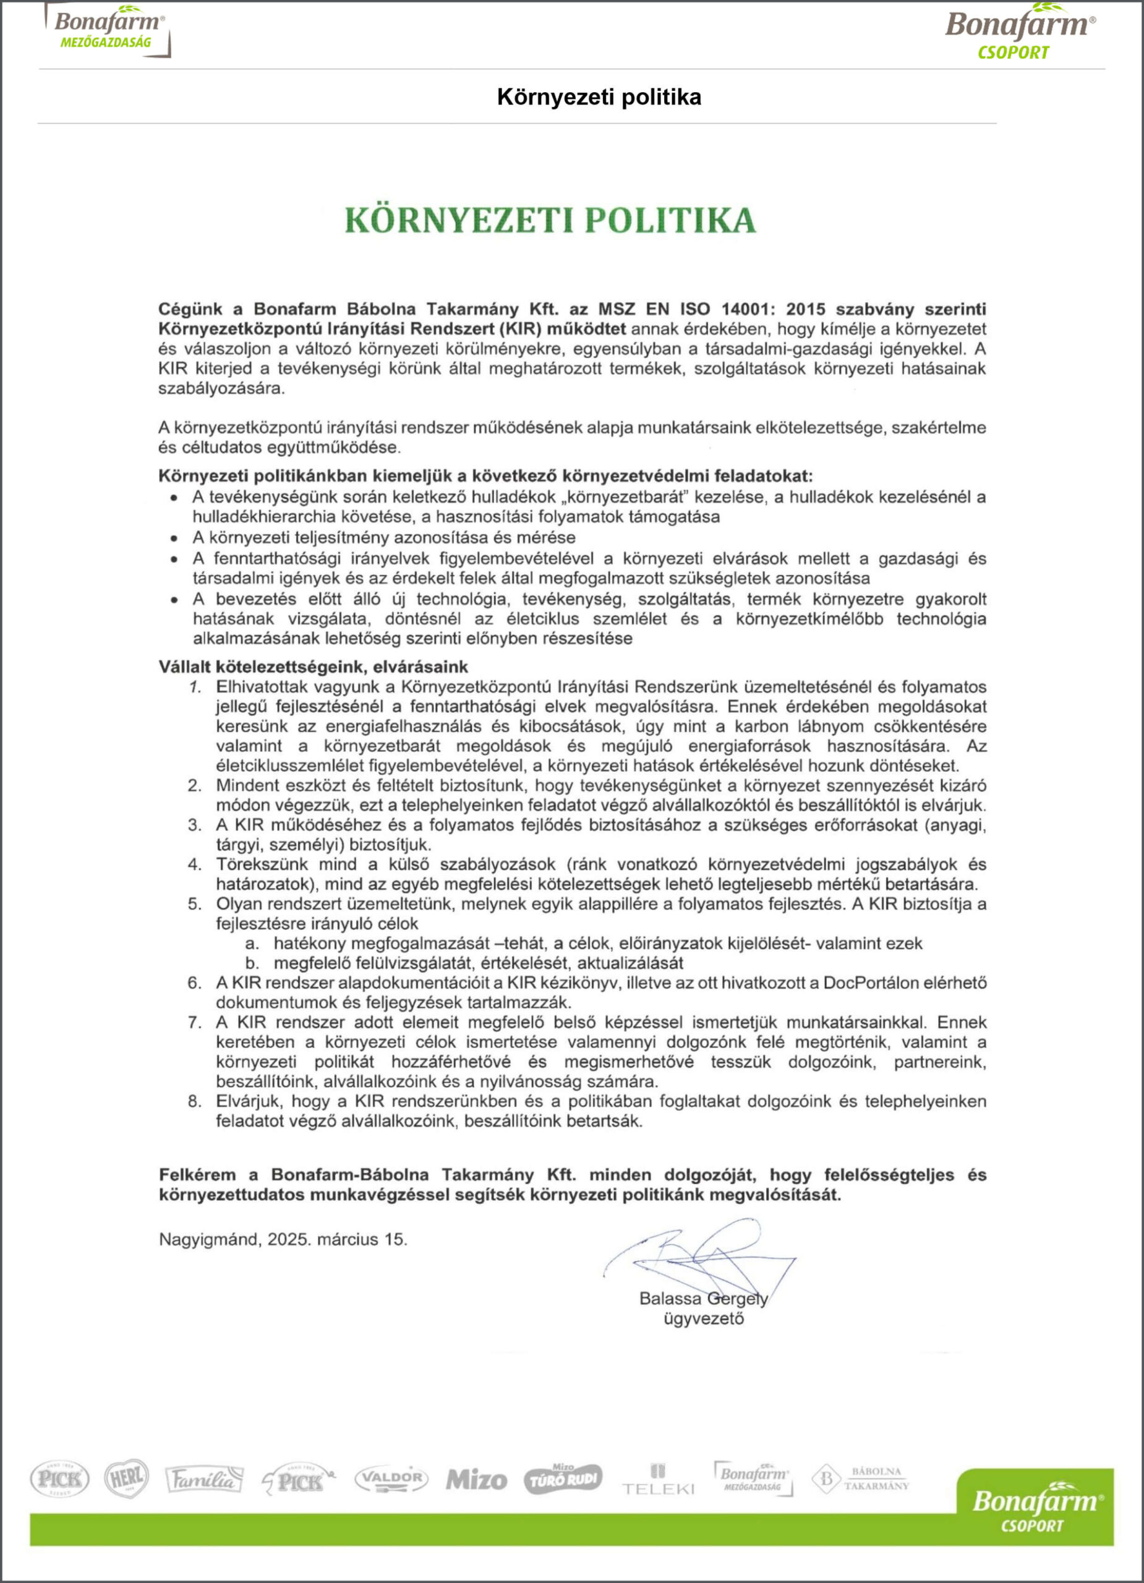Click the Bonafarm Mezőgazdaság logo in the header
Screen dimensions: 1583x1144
(108, 30)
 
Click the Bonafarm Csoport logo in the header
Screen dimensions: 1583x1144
(1020, 33)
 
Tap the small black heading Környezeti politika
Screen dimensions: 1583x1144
(599, 97)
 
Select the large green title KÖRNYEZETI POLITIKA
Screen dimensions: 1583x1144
(551, 221)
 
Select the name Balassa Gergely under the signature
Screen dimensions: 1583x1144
(703, 1299)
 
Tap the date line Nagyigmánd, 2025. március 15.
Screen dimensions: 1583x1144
(283, 1240)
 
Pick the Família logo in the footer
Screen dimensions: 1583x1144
(205, 1480)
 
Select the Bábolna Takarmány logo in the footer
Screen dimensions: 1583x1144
(861, 1478)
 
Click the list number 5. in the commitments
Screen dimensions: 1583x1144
(195, 904)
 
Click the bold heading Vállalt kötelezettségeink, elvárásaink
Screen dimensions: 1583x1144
(314, 666)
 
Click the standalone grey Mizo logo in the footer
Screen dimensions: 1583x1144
(476, 1480)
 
